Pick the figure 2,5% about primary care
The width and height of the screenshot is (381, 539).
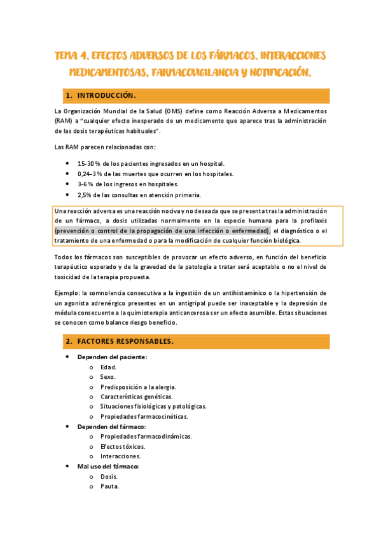[x=86, y=194]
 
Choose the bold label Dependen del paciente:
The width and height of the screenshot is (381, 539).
[x=112, y=357]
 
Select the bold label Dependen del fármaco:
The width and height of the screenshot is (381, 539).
[x=111, y=426]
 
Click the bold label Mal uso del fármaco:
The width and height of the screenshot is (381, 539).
[x=108, y=467]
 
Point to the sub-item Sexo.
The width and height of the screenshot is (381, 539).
[x=108, y=377]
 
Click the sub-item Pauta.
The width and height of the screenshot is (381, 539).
[x=109, y=487]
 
